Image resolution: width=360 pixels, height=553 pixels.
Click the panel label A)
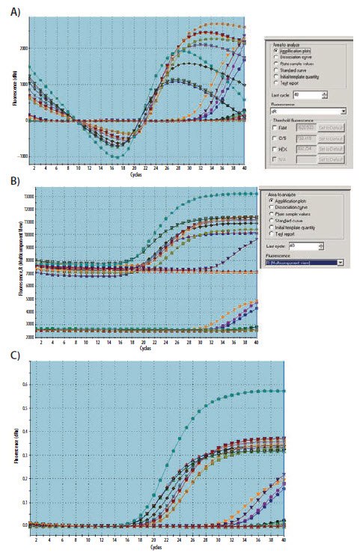(13, 10)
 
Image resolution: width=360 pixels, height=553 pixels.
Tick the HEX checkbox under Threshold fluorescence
(274, 148)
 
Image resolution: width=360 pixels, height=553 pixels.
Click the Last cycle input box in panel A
(308, 94)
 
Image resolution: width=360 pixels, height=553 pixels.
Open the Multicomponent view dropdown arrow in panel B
(341, 262)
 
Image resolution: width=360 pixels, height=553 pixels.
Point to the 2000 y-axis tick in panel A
(23, 48)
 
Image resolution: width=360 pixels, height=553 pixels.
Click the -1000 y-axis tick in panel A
(23, 156)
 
